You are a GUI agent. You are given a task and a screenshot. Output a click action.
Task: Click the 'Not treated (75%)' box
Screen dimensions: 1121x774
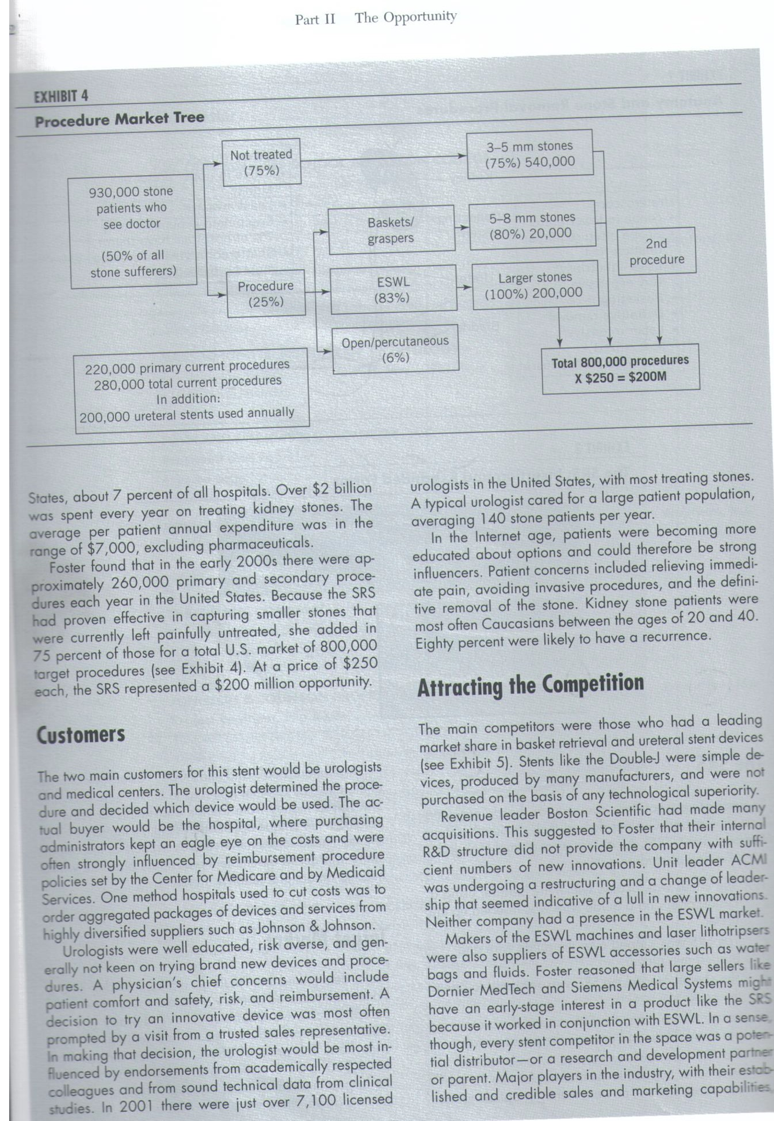[261, 162]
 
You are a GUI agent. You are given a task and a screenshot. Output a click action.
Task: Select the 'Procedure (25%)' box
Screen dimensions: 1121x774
[266, 293]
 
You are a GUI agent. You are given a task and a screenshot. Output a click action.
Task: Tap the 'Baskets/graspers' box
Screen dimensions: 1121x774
[391, 230]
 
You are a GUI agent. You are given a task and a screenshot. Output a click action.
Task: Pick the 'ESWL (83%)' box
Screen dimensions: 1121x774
[393, 289]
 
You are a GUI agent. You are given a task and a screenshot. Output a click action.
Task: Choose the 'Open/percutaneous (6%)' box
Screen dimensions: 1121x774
[395, 349]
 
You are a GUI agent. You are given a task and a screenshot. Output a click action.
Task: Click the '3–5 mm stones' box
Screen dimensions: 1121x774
[530, 154]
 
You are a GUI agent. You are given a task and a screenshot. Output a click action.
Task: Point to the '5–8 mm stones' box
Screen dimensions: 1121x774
[532, 225]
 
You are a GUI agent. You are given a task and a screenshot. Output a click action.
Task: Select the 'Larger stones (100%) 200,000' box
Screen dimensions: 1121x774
[535, 285]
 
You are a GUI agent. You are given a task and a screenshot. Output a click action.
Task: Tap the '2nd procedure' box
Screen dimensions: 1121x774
[656, 251]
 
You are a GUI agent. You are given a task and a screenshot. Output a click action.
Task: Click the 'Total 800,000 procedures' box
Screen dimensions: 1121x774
[620, 368]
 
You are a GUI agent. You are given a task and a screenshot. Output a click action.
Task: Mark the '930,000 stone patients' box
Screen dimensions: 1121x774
[133, 231]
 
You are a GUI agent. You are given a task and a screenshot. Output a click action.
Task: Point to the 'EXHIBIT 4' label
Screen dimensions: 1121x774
[61, 97]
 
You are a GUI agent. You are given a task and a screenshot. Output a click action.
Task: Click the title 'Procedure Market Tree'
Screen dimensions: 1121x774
[119, 119]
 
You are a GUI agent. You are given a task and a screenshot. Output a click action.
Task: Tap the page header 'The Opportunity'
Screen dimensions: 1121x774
[405, 17]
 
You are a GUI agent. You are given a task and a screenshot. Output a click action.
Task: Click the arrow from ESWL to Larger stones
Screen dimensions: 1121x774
[464, 287]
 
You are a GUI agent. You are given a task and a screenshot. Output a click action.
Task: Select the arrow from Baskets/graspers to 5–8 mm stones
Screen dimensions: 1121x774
[462, 227]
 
